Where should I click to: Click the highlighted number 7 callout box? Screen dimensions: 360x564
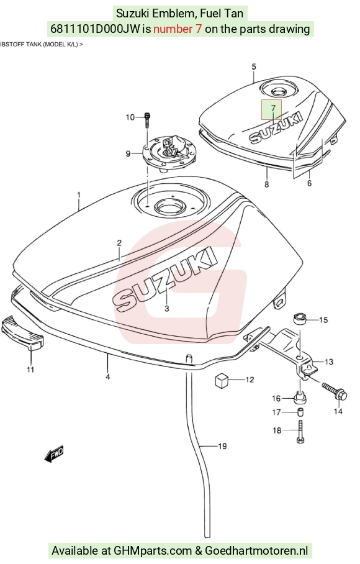(x=271, y=109)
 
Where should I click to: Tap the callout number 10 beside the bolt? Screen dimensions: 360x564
(x=130, y=117)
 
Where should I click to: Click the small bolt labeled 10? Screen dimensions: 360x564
(x=147, y=120)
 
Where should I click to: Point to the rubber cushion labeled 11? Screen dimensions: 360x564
(x=22, y=333)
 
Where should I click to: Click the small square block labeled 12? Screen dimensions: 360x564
(x=222, y=381)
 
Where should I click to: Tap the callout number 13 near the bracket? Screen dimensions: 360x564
(x=329, y=362)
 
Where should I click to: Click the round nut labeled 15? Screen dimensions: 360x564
(x=300, y=318)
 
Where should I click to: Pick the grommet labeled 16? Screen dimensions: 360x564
(x=300, y=398)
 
